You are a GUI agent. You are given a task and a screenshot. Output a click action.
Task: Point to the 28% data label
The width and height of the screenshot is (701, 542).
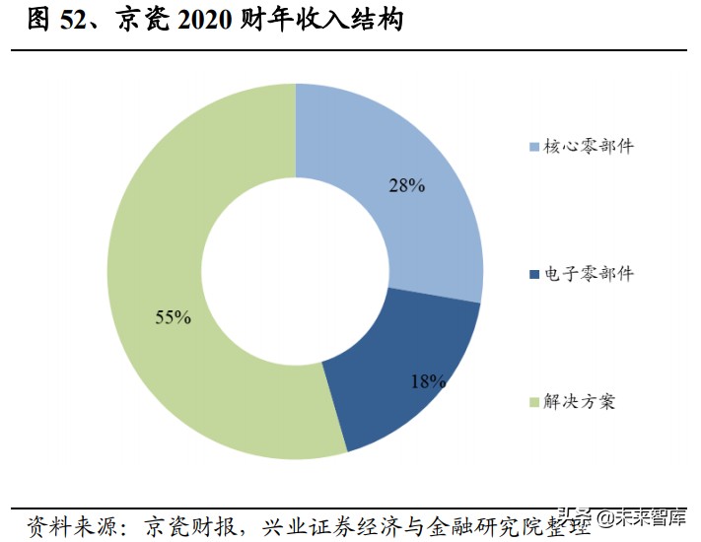tap(406, 185)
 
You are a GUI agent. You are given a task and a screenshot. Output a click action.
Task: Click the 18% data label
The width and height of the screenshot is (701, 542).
tap(429, 380)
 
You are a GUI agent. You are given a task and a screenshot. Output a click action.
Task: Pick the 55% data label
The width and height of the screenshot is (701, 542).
tap(173, 317)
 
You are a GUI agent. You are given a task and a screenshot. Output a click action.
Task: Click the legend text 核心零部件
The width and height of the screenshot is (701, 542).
tap(589, 147)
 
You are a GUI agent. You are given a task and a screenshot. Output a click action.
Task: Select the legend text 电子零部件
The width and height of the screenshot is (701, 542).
tap(589, 274)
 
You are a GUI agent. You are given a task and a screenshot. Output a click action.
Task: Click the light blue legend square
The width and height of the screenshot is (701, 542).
tap(534, 148)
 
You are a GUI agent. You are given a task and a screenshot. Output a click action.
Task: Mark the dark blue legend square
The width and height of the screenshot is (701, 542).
tap(534, 275)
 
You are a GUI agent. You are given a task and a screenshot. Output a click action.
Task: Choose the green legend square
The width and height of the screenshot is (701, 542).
tap(534, 402)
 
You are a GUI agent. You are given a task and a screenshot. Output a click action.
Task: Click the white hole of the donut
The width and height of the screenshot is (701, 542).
tap(295, 271)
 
